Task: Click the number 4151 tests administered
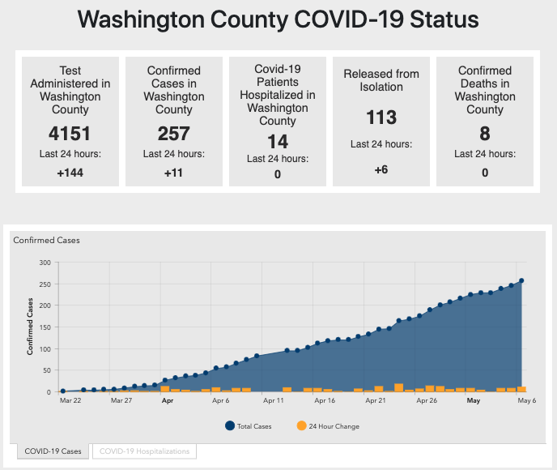click(x=70, y=133)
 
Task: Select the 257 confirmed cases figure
click(x=173, y=133)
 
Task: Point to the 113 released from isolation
click(x=381, y=117)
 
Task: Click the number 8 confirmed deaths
click(x=485, y=133)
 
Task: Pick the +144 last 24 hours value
click(x=70, y=172)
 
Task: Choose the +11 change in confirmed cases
click(x=173, y=172)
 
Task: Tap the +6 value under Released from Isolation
click(x=381, y=169)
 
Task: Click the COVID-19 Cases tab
click(x=53, y=451)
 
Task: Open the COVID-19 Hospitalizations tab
click(x=144, y=451)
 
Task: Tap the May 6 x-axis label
click(x=517, y=400)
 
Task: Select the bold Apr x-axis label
click(x=168, y=400)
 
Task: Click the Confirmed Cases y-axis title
click(x=30, y=327)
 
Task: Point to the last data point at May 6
click(x=521, y=280)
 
